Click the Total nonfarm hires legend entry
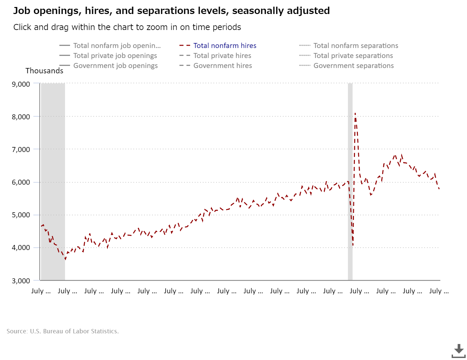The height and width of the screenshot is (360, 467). point(225,46)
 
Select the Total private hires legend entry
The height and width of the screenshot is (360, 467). point(222,56)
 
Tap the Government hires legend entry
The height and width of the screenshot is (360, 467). point(222,66)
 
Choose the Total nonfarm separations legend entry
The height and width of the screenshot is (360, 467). point(356,46)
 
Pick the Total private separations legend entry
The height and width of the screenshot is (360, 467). point(353,56)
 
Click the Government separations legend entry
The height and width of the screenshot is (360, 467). point(354,66)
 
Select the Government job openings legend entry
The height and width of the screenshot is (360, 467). point(115,66)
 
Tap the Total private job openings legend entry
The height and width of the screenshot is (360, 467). point(115,56)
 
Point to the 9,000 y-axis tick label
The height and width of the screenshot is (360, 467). point(21,84)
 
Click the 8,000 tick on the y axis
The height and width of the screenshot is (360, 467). point(21,117)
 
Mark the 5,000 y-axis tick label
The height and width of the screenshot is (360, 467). point(21,215)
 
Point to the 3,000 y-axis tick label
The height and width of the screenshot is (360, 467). point(21,281)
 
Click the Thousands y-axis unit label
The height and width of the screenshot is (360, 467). point(44,71)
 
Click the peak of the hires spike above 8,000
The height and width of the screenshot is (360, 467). point(355,113)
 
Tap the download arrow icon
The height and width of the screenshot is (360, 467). point(459,350)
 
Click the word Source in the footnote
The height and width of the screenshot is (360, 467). point(17,331)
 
